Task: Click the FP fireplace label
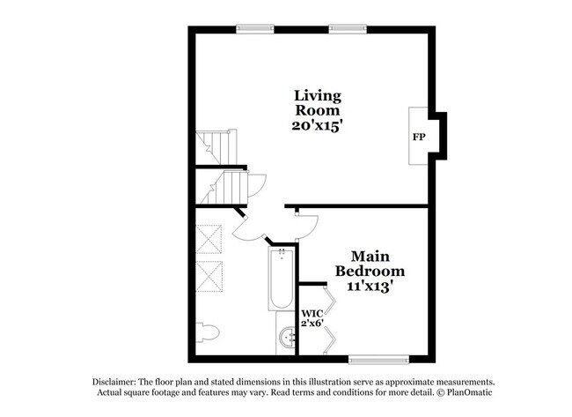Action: (x=419, y=138)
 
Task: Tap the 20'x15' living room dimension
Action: (x=318, y=125)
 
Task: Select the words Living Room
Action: (x=318, y=102)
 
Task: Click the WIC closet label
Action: (x=312, y=313)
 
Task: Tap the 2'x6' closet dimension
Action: (x=312, y=324)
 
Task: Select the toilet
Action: (x=207, y=333)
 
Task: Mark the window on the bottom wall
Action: (x=379, y=358)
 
